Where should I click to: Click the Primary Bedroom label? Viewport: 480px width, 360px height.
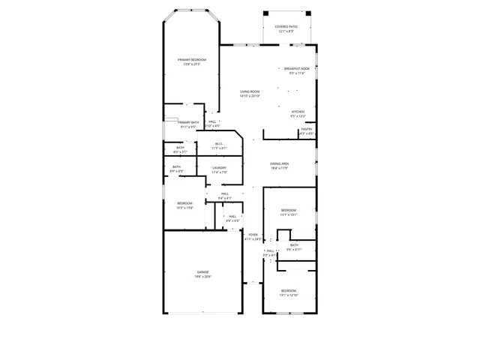[x=192, y=59]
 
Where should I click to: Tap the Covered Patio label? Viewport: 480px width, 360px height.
[x=286, y=27]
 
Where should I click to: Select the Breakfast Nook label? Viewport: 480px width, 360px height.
[x=297, y=68]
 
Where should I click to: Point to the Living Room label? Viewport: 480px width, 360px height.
[x=250, y=92]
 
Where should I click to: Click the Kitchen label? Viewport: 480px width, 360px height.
[x=298, y=112]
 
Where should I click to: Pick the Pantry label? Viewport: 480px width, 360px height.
[x=307, y=129]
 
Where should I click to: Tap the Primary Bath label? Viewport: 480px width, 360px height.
[x=188, y=122]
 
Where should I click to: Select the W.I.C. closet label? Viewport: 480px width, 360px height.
[x=219, y=144]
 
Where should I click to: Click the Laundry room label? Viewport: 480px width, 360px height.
[x=219, y=168]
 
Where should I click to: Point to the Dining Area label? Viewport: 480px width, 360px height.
[x=280, y=163]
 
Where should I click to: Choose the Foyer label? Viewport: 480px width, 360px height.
[x=253, y=235]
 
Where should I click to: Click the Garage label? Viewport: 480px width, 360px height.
[x=203, y=272]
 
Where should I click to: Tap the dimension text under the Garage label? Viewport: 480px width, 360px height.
[x=203, y=277]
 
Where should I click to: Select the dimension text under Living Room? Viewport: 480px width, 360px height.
[x=250, y=97]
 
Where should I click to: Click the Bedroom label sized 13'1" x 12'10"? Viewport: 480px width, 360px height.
[x=289, y=290]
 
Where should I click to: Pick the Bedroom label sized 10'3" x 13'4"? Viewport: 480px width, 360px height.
[x=184, y=203]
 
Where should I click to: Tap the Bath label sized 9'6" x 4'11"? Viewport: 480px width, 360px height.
[x=294, y=245]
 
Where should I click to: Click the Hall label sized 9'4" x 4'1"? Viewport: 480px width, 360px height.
[x=224, y=193]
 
